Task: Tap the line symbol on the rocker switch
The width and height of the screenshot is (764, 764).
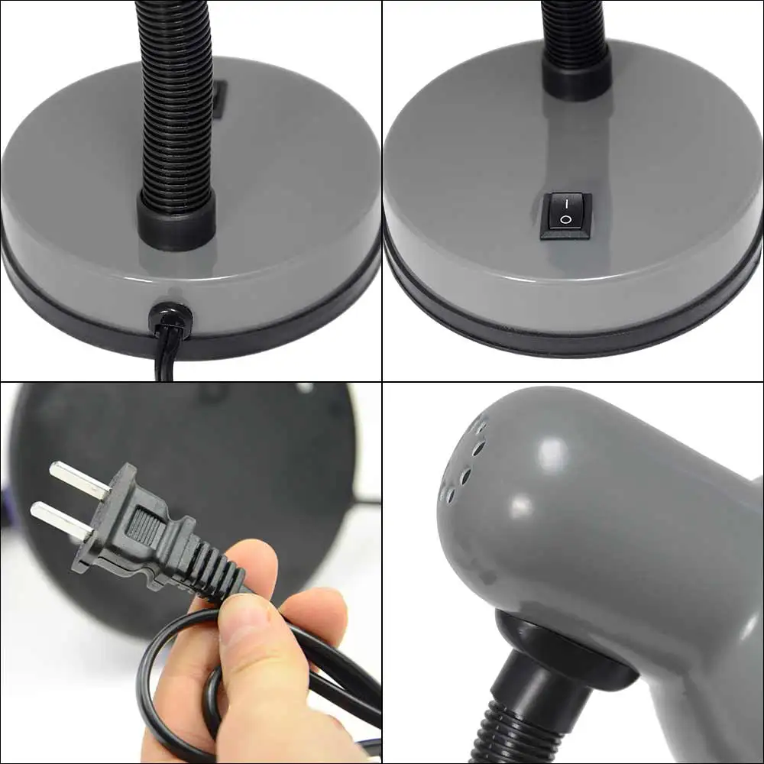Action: (566, 204)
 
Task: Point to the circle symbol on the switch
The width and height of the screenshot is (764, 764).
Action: (566, 222)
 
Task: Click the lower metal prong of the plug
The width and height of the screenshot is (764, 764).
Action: (59, 520)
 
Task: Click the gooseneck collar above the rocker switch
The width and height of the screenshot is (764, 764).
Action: (576, 73)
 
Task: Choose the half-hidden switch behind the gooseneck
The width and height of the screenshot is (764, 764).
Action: (219, 99)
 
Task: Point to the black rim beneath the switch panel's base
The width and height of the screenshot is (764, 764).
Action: (573, 325)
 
